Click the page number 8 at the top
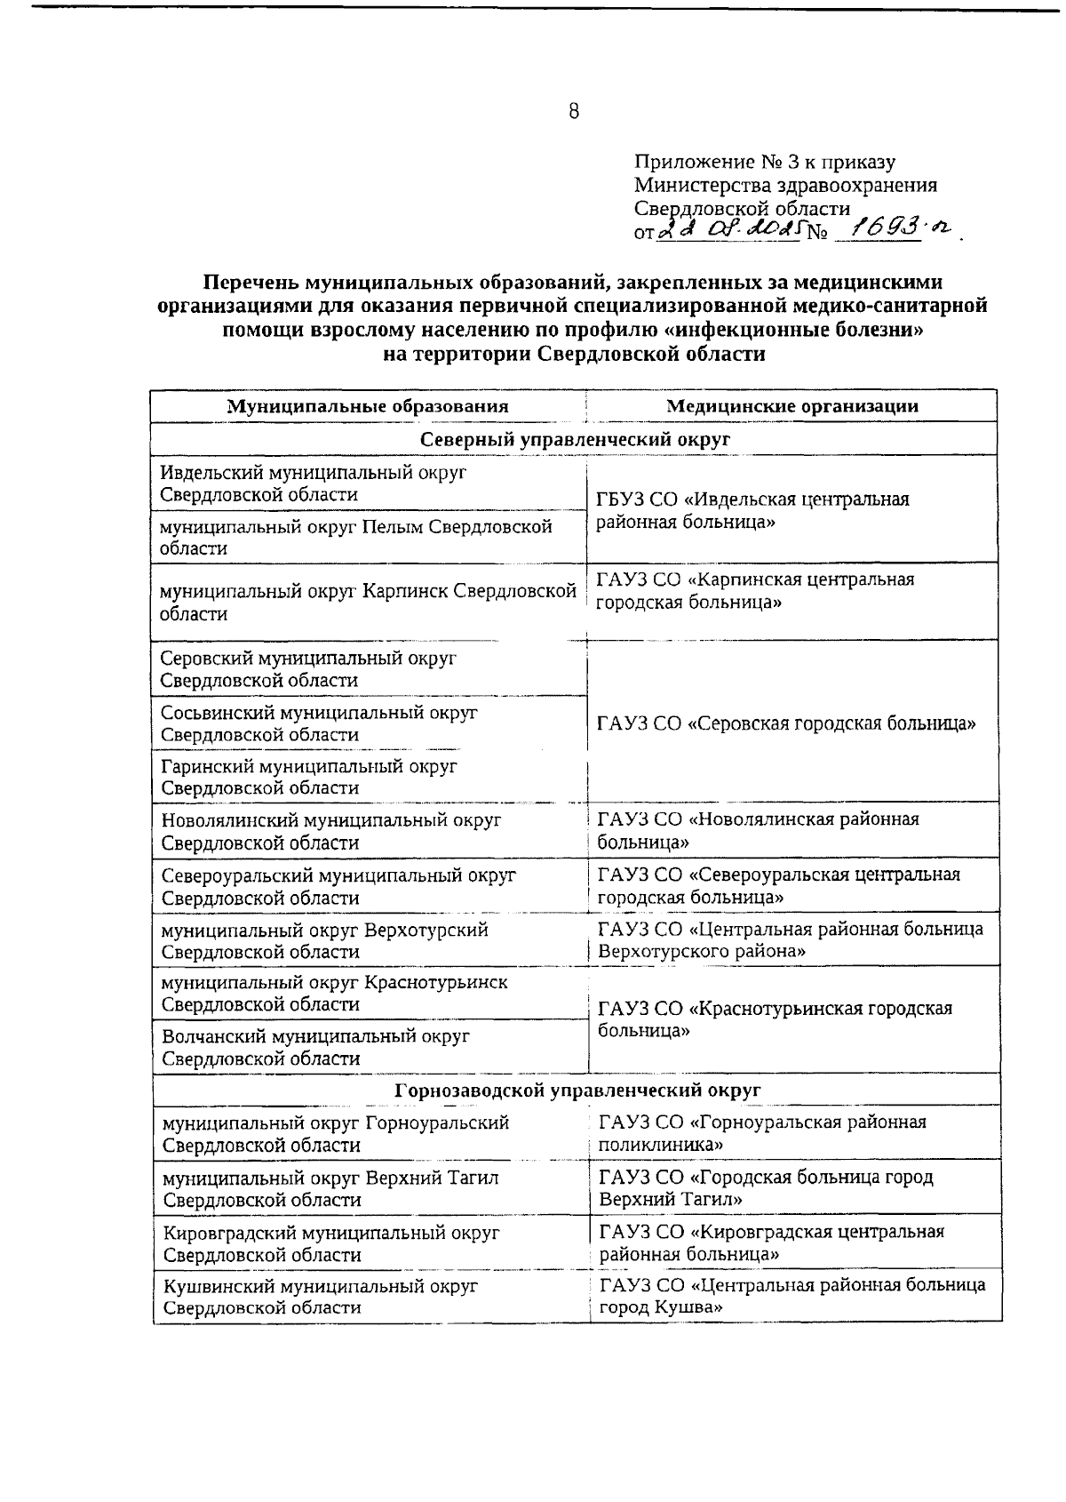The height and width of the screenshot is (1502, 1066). tap(573, 112)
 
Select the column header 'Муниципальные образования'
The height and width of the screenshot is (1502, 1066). tap(368, 406)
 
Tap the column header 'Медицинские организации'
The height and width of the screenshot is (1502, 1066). tap(792, 406)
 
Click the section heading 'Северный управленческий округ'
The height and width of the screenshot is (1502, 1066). tap(574, 439)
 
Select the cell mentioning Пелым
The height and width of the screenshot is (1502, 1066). tap(355, 537)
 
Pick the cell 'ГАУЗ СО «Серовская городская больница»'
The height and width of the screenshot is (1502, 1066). tap(787, 723)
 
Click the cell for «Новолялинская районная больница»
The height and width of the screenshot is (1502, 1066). tap(759, 830)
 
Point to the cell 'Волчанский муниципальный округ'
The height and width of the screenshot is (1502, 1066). tap(315, 1047)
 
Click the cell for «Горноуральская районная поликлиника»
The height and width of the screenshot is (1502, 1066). tap(762, 1133)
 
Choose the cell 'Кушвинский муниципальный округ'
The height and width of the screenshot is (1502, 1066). tap(321, 1297)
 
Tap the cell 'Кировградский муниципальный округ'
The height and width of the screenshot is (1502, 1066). tap(331, 1243)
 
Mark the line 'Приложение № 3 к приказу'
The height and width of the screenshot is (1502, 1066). tap(764, 163)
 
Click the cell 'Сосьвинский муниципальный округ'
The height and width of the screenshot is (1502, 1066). tap(319, 723)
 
